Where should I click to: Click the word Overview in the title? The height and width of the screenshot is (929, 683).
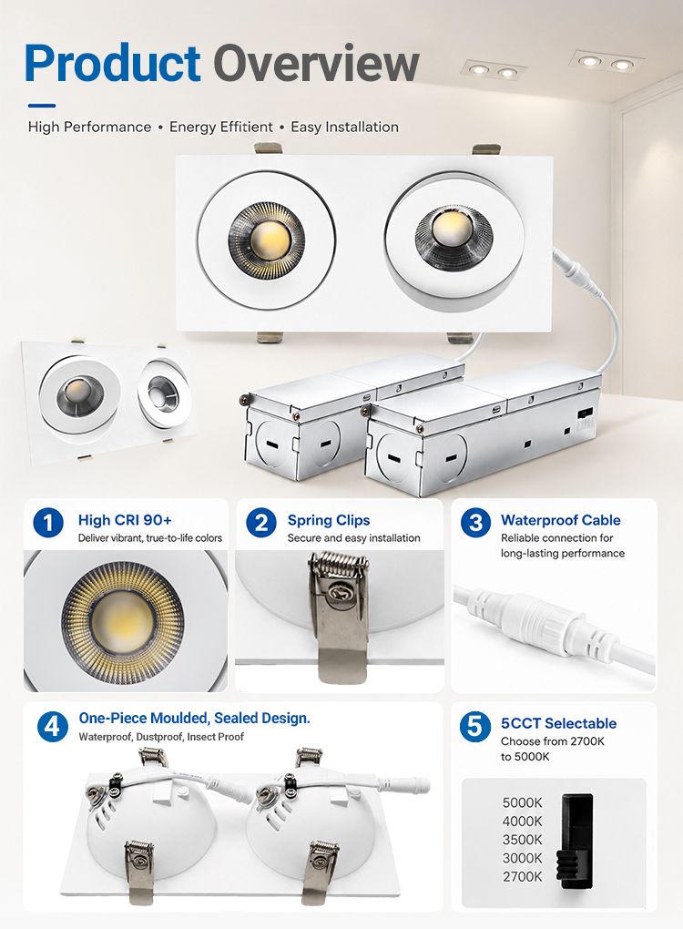tap(316, 63)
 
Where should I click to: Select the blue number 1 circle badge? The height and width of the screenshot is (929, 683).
tap(48, 523)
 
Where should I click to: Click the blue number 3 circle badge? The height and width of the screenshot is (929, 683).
tap(475, 523)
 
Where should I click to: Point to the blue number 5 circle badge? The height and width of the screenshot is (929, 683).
tap(475, 727)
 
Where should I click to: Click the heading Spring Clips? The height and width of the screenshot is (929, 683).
tap(329, 520)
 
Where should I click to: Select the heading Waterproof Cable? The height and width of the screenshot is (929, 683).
tap(560, 520)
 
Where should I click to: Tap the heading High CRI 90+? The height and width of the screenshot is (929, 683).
tap(125, 520)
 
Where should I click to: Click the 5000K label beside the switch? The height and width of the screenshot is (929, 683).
tap(522, 802)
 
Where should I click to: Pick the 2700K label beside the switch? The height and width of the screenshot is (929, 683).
tap(522, 876)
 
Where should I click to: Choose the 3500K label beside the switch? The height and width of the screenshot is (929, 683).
tap(522, 840)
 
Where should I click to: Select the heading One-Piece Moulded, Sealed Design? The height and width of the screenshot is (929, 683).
tap(194, 718)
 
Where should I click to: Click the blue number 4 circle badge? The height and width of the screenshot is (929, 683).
tap(52, 727)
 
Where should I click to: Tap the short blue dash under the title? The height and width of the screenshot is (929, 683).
tap(42, 106)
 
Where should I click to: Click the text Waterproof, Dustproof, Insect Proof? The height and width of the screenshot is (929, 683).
tap(161, 737)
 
